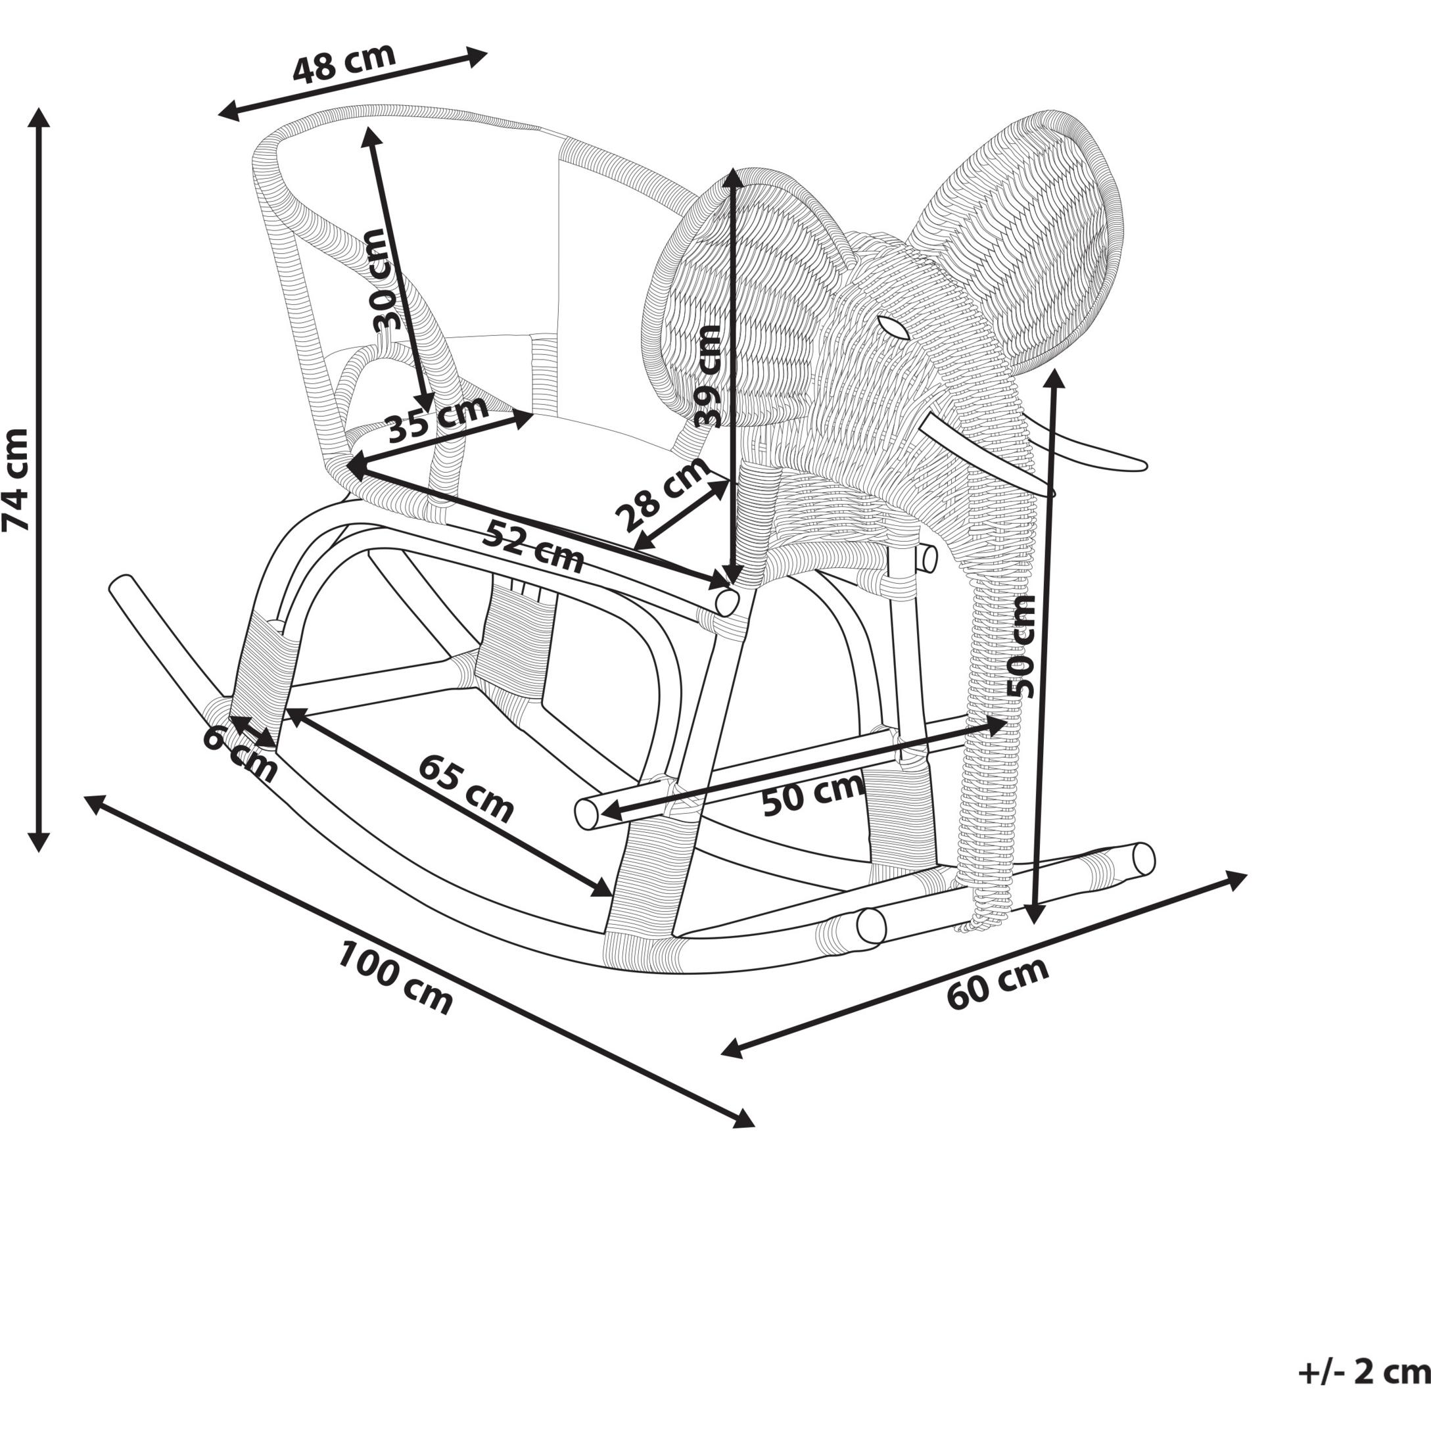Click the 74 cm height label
(16, 479)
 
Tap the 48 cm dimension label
(344, 64)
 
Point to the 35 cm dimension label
(438, 418)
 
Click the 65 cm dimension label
(465, 789)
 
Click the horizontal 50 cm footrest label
(812, 794)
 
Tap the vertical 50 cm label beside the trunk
(1023, 646)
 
